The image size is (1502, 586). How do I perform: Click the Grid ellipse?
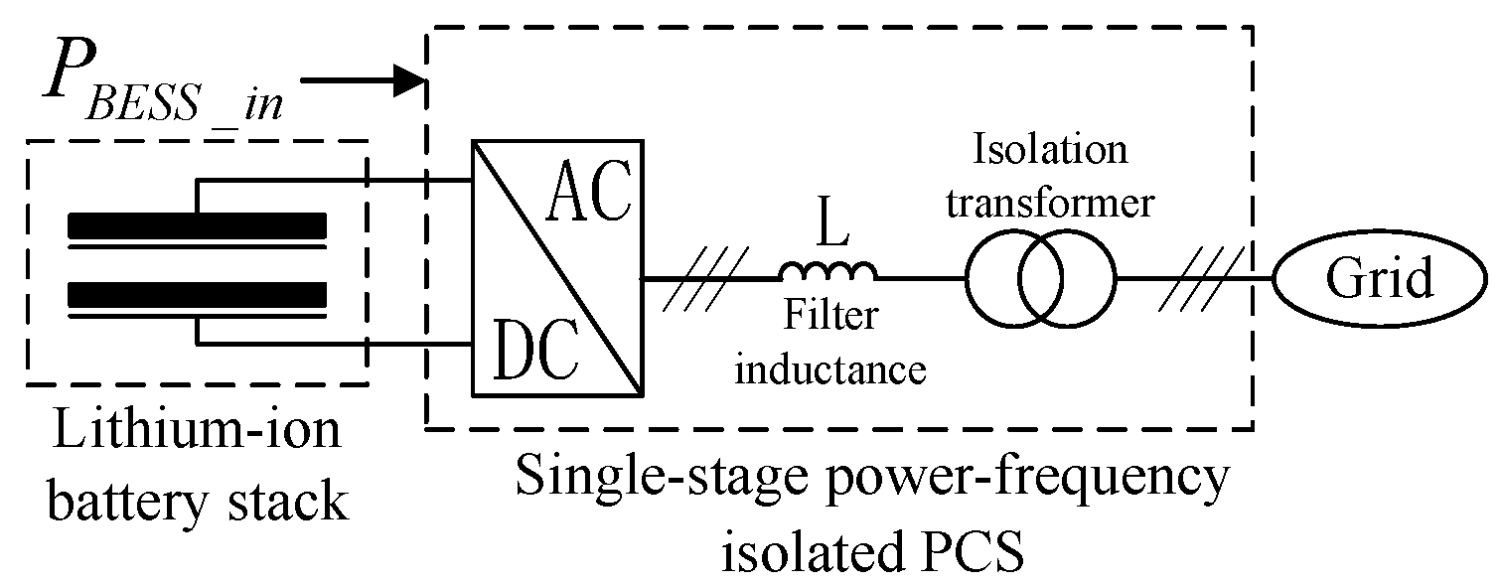(1379, 280)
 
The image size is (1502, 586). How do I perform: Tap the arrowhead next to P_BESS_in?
(408, 80)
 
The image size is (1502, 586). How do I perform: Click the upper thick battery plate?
(197, 227)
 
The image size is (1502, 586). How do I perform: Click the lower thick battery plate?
(197, 295)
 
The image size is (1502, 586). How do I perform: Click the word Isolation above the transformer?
(1050, 151)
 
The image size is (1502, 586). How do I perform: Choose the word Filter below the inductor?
(830, 316)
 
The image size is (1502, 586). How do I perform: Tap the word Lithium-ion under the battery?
(196, 435)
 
